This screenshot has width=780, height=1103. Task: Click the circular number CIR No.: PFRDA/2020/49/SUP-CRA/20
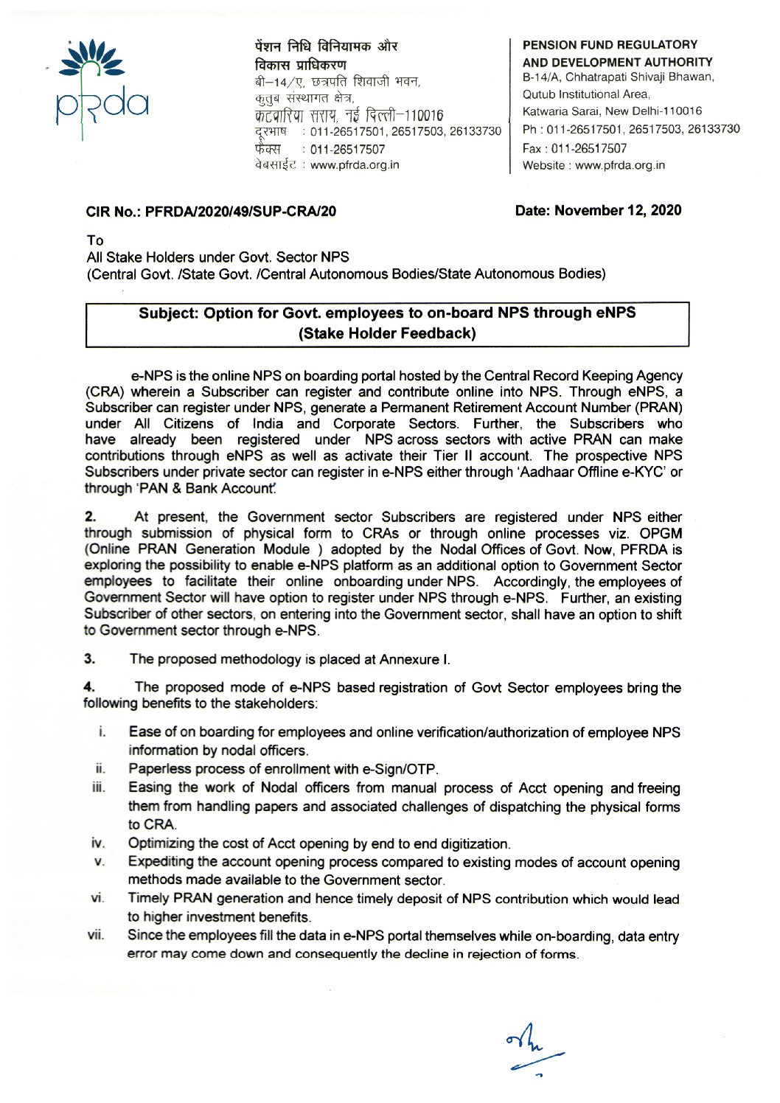coord(211,212)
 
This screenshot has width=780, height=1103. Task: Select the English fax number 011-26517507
coord(574,149)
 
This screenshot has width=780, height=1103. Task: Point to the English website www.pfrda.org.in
coord(593,165)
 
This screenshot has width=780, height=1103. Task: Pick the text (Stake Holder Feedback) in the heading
coord(387,333)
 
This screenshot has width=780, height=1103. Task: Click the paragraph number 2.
coord(91,518)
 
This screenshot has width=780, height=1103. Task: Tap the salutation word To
coord(95,240)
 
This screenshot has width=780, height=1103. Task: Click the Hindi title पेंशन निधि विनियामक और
coord(324,46)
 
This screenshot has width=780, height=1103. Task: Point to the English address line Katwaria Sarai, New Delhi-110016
coord(612,111)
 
